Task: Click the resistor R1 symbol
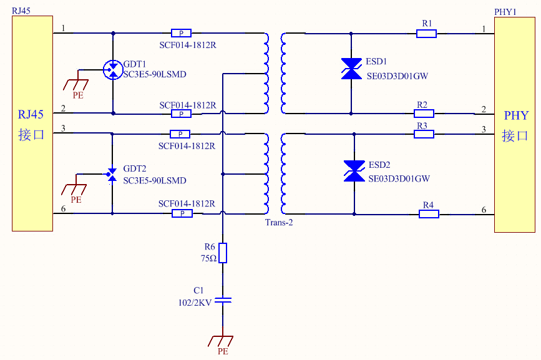427,33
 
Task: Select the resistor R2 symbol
424,114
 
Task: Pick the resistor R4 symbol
429,214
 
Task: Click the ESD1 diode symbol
351,69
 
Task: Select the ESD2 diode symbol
354,172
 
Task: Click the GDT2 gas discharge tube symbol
112,174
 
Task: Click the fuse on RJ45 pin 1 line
182,32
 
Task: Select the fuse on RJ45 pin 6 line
182,213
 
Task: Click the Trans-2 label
279,223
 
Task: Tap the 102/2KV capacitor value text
195,302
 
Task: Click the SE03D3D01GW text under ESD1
398,77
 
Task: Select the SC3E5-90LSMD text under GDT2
155,181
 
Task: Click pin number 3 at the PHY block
483,129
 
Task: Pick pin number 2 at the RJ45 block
64,110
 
